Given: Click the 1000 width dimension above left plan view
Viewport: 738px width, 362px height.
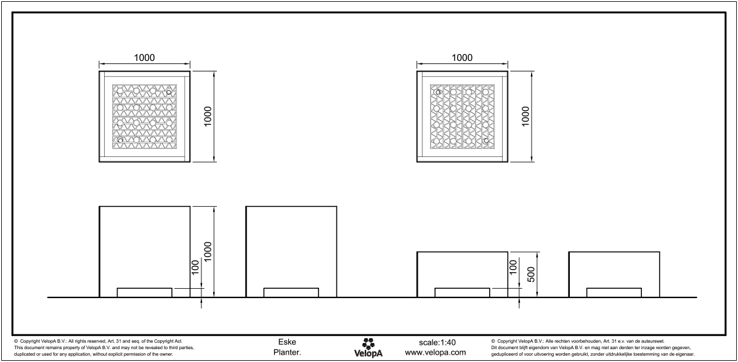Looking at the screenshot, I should pos(144,57).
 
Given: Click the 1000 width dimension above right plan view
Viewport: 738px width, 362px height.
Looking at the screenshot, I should pos(462,57).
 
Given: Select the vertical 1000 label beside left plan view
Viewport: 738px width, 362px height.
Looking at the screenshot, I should pos(208,116).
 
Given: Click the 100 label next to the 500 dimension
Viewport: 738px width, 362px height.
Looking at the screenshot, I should pos(513,267).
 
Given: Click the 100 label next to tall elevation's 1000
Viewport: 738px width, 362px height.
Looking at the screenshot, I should pos(195,267).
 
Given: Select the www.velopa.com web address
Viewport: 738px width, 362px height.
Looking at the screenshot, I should pos(435,353).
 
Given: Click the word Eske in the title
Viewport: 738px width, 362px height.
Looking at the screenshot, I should pos(286,342).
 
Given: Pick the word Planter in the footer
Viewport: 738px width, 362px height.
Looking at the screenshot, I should pos(287,353).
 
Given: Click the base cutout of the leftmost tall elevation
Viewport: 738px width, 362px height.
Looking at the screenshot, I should pos(145,292).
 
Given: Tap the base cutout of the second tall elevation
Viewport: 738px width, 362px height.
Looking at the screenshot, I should pos(291,292).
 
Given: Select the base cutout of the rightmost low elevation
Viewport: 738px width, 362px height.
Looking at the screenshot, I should pos(614,292).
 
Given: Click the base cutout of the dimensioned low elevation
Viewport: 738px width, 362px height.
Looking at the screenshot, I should pos(462,292).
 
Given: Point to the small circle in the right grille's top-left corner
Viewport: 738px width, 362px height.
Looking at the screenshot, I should pos(438,92).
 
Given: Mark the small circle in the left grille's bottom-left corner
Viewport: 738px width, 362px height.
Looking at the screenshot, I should pos(120,141).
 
